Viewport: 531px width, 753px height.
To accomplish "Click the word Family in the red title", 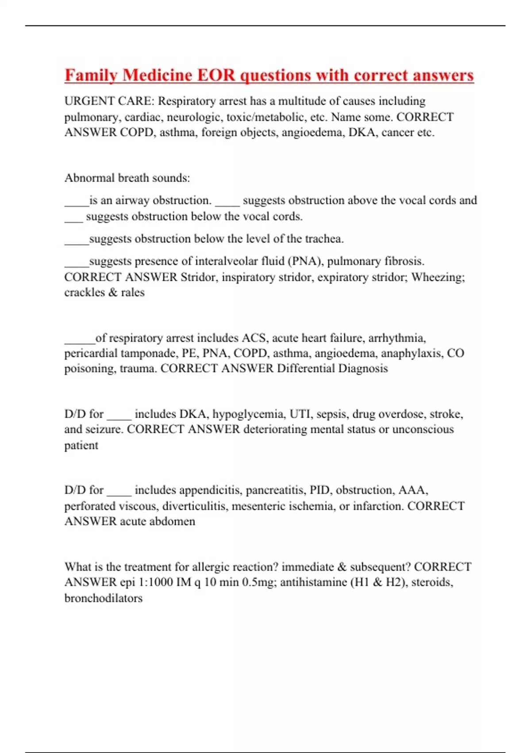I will coord(91,75).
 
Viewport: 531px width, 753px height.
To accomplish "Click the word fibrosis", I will coord(404,261).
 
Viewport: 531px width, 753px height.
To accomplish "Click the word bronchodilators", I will coord(104,598).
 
